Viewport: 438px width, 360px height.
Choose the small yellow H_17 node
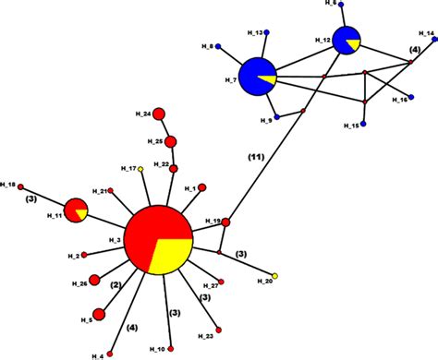pos(140,169)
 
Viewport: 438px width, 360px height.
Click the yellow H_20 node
pos(274,276)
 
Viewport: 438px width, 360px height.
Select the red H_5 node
pos(99,315)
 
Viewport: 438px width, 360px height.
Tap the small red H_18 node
pos(21,186)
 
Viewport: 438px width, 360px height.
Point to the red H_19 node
pos(225,222)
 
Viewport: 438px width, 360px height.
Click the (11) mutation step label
pos(254,157)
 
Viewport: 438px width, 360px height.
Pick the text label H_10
pos(156,348)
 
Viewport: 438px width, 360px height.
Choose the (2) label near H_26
pos(116,286)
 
